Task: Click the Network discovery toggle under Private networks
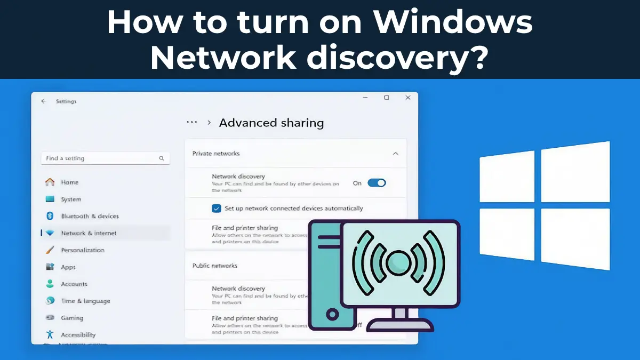point(377,183)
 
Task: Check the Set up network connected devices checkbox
point(217,209)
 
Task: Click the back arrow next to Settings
point(44,101)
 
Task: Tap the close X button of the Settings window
point(408,98)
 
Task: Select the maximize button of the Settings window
point(387,98)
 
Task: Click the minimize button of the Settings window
point(365,98)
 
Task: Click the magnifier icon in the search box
point(162,158)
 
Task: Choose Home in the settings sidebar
point(69,182)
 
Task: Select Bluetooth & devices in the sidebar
point(90,216)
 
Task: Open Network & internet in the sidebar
point(89,233)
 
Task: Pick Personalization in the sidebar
point(83,250)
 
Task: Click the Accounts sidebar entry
point(74,284)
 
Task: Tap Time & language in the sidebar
point(85,301)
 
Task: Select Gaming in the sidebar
point(72,318)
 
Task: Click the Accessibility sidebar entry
point(78,335)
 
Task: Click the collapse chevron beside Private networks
point(395,154)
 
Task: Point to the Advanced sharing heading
point(271,123)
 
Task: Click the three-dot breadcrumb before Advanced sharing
point(192,122)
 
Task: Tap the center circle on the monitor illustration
point(398,262)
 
